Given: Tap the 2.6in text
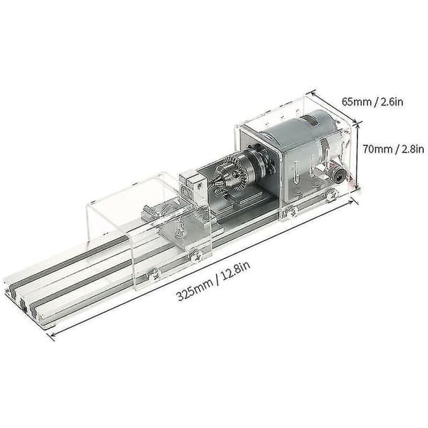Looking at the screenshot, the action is click(392, 102).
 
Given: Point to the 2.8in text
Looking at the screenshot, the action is click(413, 149).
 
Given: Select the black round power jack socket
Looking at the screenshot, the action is click(338, 173).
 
